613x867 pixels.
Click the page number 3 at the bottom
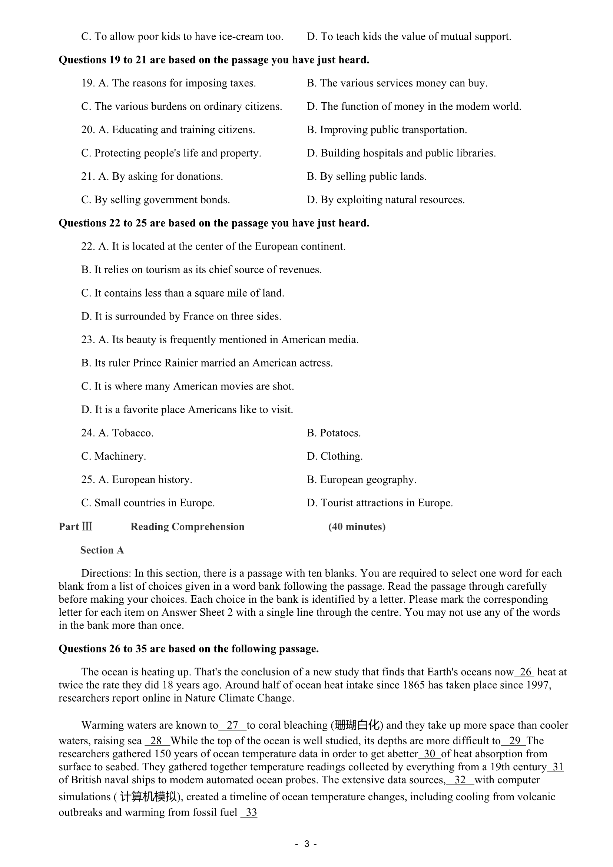coord(306,844)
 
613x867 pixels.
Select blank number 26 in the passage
coord(526,672)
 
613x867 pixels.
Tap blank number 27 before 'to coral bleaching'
coord(232,725)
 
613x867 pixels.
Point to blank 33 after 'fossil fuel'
coord(251,812)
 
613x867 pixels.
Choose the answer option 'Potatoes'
coord(340,433)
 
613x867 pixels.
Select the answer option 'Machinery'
coord(120,457)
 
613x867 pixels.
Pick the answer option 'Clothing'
coord(341,457)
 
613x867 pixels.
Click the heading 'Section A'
coord(102,550)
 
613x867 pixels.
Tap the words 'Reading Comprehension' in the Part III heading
coord(187,527)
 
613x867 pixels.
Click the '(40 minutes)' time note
coord(357,527)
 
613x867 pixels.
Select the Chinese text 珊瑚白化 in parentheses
coord(357,725)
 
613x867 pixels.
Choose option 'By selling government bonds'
coord(162,200)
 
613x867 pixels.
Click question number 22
coord(88,246)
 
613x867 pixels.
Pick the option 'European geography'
coord(368,480)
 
